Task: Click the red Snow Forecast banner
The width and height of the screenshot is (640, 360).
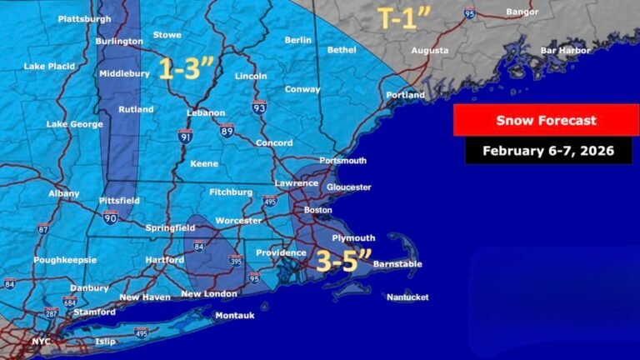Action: (546, 121)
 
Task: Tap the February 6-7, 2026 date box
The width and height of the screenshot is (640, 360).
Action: (547, 151)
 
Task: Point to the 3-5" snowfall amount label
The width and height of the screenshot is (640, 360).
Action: (343, 260)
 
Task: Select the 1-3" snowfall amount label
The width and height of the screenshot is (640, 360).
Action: (187, 69)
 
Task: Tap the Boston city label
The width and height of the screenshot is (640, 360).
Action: (317, 210)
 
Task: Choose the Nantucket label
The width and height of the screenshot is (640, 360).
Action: (407, 297)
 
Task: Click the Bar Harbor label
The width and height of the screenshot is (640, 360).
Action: (566, 50)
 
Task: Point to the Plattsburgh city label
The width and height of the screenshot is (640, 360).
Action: (84, 18)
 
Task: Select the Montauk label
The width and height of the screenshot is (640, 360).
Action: (234, 316)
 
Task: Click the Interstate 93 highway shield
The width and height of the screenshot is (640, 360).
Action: (259, 107)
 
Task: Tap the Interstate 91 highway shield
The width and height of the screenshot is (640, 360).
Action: (185, 135)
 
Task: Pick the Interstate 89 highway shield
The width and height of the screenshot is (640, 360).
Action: (227, 129)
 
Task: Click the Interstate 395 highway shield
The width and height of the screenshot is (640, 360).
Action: (237, 261)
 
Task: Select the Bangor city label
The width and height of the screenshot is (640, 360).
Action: (522, 12)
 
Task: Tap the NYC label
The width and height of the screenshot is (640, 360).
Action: (41, 342)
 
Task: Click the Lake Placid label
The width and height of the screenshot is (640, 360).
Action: (50, 66)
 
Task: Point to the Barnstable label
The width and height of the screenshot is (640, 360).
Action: (397, 264)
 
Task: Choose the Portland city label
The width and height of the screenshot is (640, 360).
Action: (405, 95)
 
